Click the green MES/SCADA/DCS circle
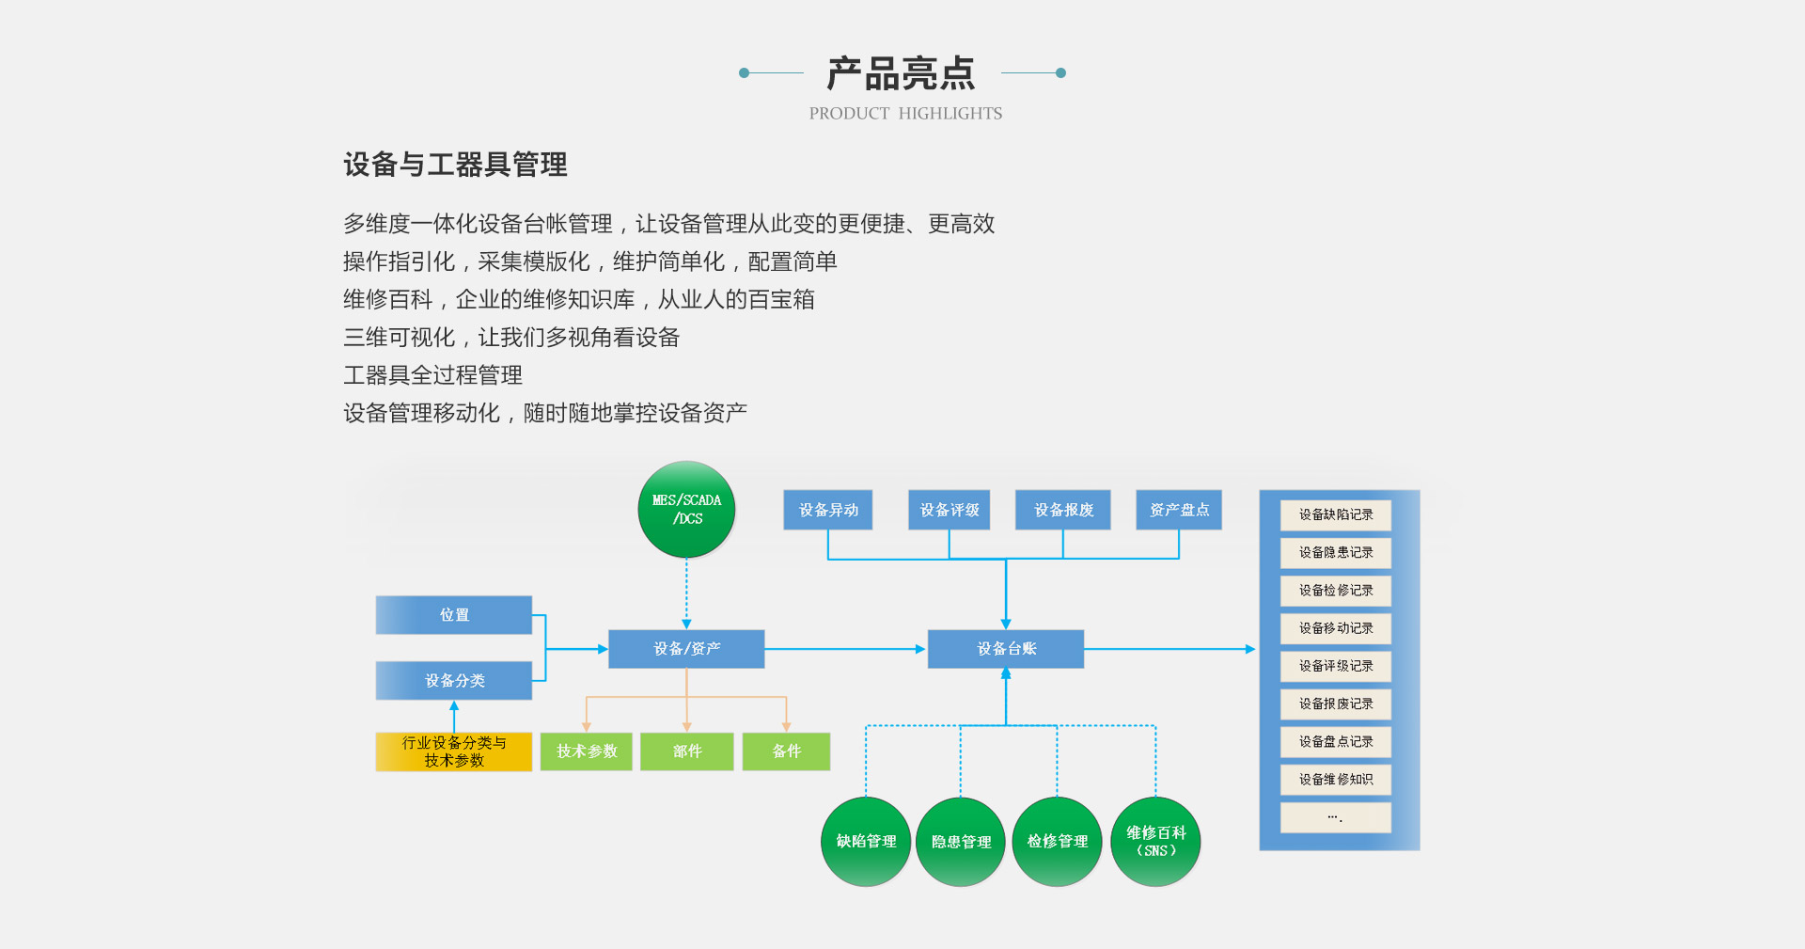click(686, 509)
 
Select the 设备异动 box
click(828, 510)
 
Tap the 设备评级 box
click(950, 510)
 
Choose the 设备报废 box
click(1063, 510)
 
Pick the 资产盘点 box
click(1179, 510)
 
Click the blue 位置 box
click(454, 615)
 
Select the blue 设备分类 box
click(454, 680)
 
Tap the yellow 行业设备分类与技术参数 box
click(454, 751)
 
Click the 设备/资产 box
click(686, 649)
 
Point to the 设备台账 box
click(1006, 649)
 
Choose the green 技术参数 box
click(587, 751)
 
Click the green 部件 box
click(687, 751)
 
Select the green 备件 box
click(786, 751)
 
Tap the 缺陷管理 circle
click(866, 841)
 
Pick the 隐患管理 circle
click(961, 842)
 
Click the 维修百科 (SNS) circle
click(1155, 841)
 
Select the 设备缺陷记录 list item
click(1336, 514)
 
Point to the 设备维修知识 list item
click(1336, 780)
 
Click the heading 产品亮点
click(902, 73)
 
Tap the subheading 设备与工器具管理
click(455, 165)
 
